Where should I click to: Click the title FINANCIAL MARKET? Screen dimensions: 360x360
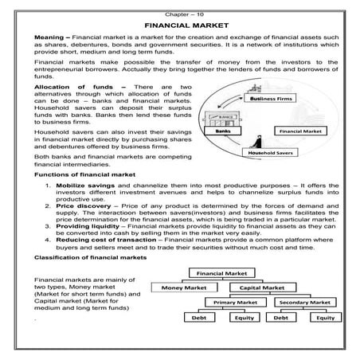[186, 25]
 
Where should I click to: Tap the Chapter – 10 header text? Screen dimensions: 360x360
[184, 14]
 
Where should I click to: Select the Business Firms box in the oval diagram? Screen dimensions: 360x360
[270, 99]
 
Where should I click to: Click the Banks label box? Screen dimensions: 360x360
[223, 131]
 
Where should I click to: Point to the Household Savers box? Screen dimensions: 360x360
[270, 153]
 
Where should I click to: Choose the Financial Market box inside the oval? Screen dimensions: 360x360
[300, 131]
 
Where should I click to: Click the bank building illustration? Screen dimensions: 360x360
[222, 119]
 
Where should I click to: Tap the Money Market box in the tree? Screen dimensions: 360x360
[184, 288]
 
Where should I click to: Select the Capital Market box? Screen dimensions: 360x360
[263, 288]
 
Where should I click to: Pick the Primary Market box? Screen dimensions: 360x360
[236, 302]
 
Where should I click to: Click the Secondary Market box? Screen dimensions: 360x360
[305, 302]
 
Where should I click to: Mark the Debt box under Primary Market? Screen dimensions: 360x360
[199, 318]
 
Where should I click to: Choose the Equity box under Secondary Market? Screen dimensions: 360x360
[326, 318]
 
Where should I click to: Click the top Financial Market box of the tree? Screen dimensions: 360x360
[222, 273]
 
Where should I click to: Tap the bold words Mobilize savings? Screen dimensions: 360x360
[85, 186]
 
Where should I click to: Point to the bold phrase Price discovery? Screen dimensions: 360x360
[84, 206]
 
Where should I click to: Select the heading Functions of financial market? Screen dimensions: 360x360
[84, 174]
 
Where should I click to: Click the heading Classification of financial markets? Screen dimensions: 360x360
[90, 257]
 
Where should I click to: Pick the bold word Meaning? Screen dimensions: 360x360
[49, 37]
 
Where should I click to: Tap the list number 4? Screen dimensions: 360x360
[48, 240]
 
